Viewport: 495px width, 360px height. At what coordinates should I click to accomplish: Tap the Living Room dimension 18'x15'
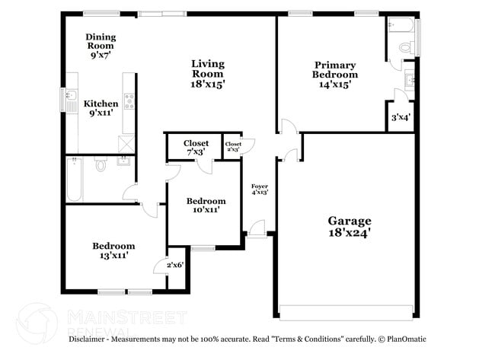[207, 84]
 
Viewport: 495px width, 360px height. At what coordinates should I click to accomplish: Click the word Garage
[350, 221]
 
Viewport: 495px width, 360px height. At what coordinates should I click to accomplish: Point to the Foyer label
[260, 186]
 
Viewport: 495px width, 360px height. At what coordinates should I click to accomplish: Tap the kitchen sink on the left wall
[71, 100]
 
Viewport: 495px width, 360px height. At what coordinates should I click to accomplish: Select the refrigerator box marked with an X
[126, 143]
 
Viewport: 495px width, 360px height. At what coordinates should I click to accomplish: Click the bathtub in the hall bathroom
[74, 180]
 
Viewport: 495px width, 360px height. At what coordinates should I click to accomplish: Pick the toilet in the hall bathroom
[100, 163]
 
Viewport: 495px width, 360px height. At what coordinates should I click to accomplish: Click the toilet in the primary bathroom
[405, 45]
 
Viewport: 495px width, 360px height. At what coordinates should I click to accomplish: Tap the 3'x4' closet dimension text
[401, 118]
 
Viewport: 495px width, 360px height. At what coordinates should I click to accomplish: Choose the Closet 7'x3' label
[196, 148]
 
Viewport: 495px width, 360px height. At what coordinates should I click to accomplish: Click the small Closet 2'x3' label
[233, 146]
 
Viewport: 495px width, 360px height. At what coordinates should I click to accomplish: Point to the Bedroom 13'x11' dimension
[113, 256]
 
